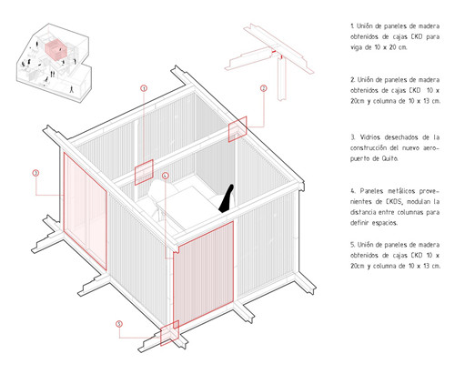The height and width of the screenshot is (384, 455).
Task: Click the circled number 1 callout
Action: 144,88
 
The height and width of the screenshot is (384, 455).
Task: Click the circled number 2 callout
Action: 264,88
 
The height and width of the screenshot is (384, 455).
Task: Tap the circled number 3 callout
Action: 35,173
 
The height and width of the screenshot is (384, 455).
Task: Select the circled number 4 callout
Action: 165,176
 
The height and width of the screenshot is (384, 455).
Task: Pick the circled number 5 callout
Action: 119,324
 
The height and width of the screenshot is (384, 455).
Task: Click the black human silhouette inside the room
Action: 227,198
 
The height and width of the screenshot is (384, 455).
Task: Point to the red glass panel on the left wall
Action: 85,211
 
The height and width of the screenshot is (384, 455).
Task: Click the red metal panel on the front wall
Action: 203,276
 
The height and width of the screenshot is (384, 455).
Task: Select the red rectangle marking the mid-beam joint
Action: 144,172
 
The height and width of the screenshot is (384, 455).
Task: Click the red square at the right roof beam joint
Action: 238,129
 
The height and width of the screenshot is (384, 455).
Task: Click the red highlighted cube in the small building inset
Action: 56,50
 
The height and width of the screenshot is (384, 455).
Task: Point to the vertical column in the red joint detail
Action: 282,79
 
